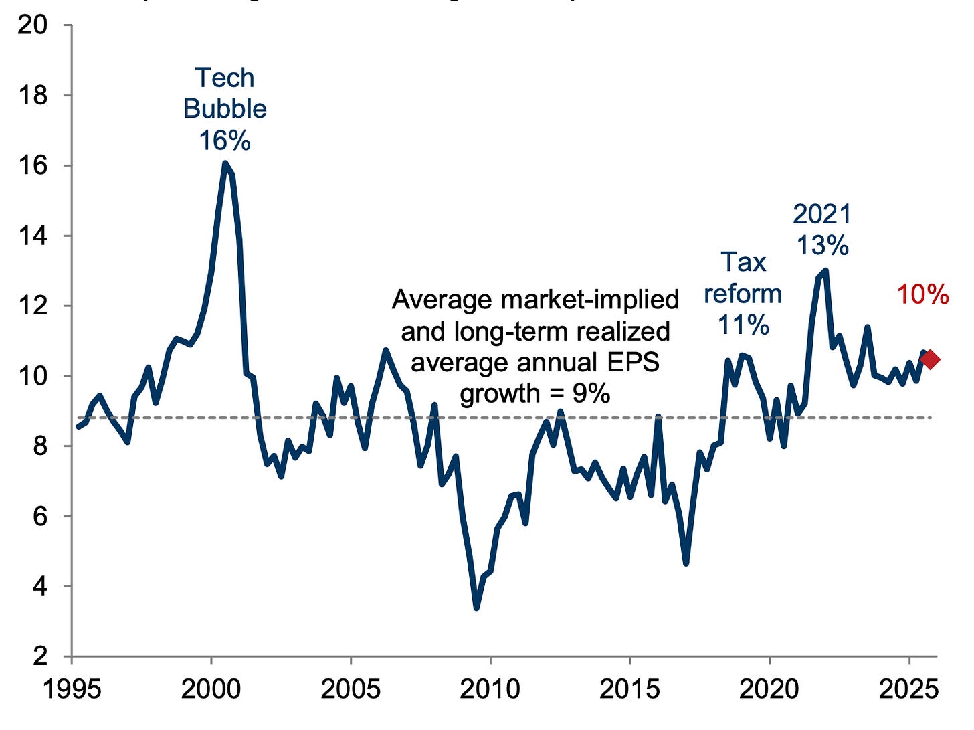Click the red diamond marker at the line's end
point(930,359)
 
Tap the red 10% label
point(922,294)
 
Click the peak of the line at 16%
point(225,163)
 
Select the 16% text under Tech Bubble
point(225,141)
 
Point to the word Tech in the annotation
point(225,78)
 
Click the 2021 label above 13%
point(822,215)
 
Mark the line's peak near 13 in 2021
point(825,270)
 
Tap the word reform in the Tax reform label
point(743,294)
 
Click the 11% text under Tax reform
point(743,325)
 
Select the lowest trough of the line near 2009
point(476,607)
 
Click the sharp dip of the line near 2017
point(686,563)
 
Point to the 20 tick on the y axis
point(33,25)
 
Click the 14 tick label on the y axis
point(33,236)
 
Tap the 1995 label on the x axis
point(72,689)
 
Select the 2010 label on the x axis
point(490,689)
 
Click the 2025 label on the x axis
point(909,689)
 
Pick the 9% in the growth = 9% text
point(590,393)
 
